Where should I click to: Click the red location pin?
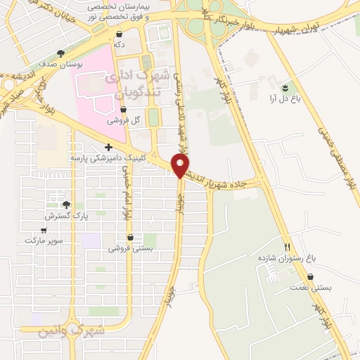coord(181,165)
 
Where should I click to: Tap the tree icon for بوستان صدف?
coord(61,53)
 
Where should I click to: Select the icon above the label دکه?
coord(120,33)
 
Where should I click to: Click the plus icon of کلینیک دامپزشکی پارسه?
coord(108,148)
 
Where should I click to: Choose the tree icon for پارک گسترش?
coord(66,205)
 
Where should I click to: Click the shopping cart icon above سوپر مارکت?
coord(44,229)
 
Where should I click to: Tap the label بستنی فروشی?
coord(129,248)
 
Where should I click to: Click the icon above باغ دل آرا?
coord(285,88)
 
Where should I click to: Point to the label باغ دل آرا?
coord(285,100)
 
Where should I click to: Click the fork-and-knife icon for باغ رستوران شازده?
coord(286,247)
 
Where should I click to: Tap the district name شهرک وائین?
coord(72,330)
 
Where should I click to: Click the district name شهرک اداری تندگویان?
coord(139,83)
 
